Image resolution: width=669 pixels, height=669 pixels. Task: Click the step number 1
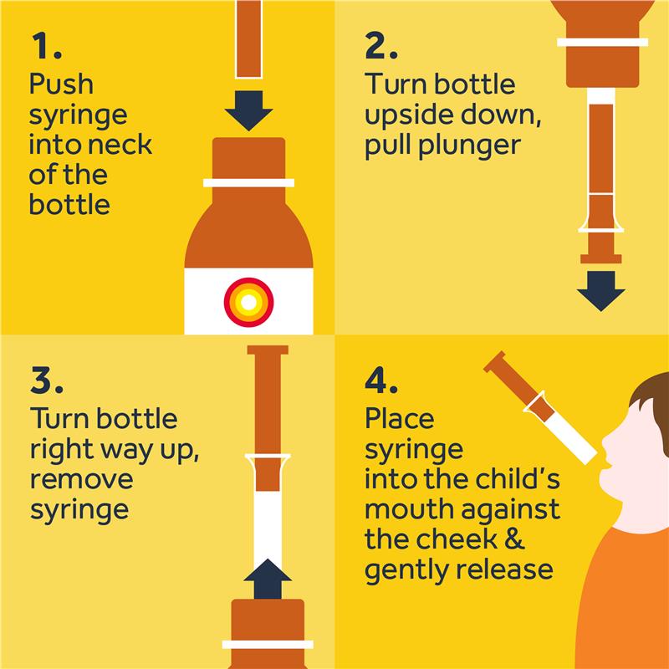pos(47,46)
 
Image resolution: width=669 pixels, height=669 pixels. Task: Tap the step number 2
pos(381,46)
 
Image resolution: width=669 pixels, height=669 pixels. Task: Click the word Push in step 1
pos(61,84)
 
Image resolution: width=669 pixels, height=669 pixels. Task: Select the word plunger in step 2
pos(469,146)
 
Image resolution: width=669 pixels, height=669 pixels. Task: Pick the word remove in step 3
pos(81,479)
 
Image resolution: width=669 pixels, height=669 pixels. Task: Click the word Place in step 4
pos(400,419)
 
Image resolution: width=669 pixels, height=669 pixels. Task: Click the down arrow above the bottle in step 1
pos(248,110)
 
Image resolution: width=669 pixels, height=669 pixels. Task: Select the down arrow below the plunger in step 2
pos(600,291)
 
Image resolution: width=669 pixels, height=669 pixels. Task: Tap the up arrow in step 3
pos(268,579)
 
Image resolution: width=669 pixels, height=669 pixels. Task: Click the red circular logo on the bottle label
pos(248,303)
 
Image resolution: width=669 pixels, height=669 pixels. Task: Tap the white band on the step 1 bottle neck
pos(248,183)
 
